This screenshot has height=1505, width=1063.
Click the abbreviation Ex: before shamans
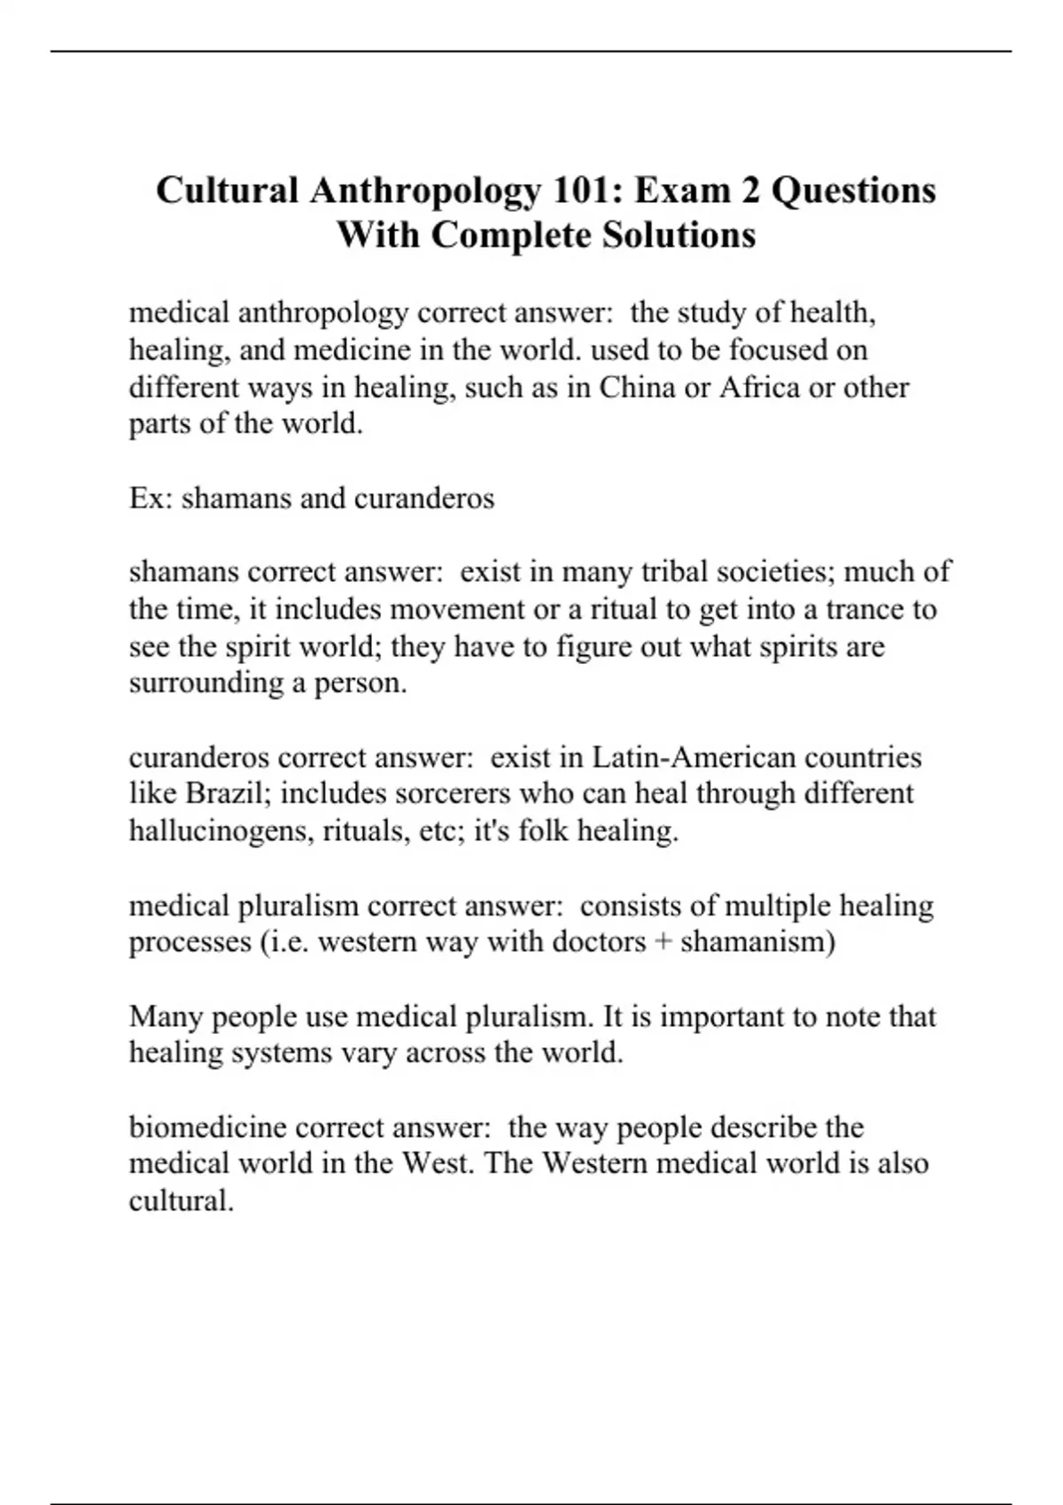point(151,498)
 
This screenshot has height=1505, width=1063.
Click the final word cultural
point(182,1201)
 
